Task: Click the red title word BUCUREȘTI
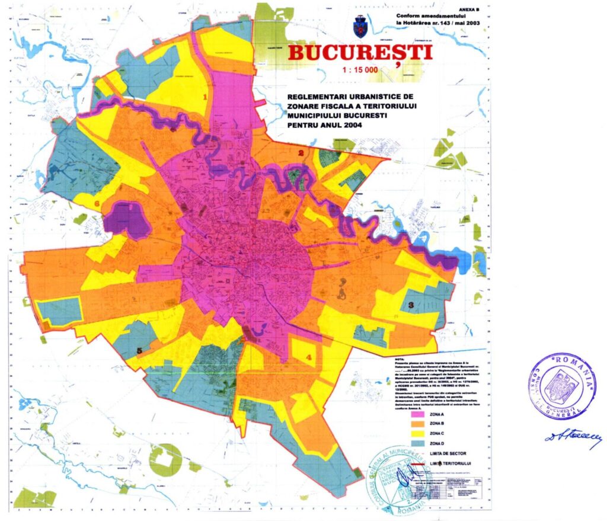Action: [359, 53]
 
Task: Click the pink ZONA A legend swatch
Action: [420, 413]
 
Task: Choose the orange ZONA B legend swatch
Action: [420, 423]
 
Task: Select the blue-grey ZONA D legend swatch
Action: [420, 443]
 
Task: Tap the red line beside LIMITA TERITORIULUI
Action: [420, 462]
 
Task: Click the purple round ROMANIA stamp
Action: [562, 386]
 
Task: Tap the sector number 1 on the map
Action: [205, 95]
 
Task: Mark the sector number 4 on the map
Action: [309, 357]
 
